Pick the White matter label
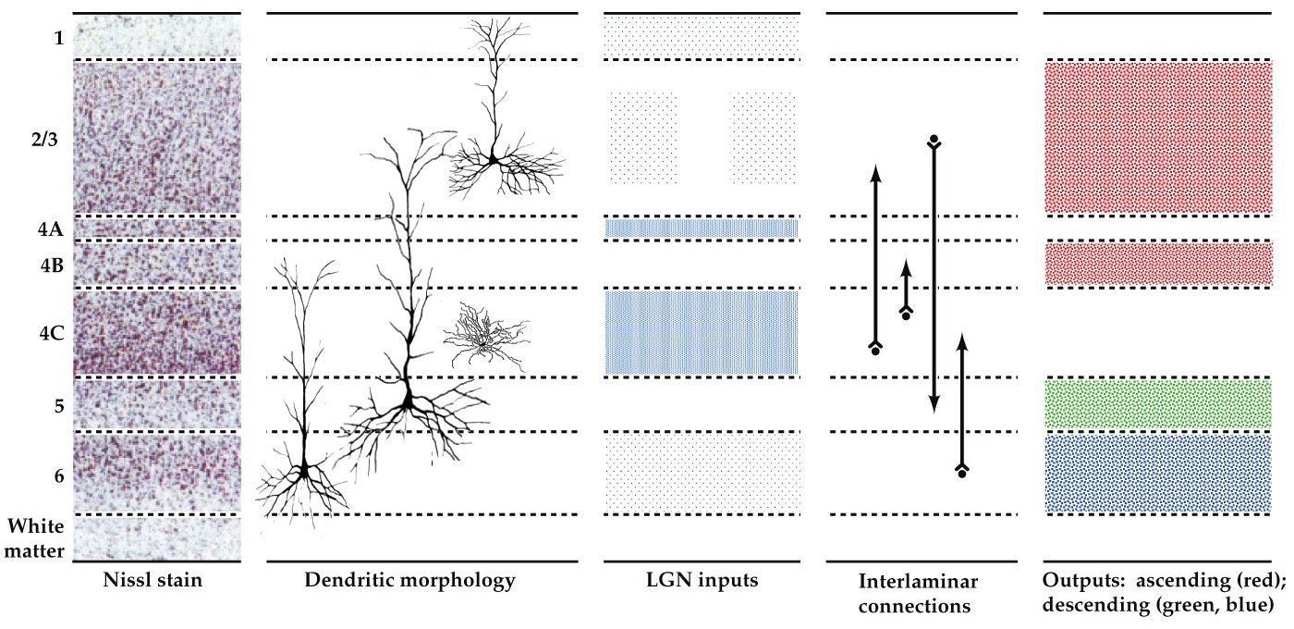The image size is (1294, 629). tap(36, 538)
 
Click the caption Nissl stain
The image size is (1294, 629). tap(156, 581)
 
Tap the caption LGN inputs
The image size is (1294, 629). tap(702, 581)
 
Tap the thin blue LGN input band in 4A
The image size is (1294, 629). tap(702, 228)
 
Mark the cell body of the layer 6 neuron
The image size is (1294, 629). tap(302, 473)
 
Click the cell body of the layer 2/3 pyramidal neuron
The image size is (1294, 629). tap(494, 161)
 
